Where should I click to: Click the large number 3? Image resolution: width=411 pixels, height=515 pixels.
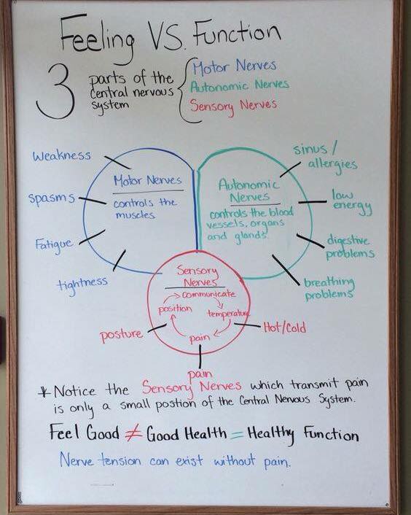pyautogui.click(x=56, y=92)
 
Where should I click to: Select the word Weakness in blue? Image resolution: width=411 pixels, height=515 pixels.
pyautogui.click(x=62, y=155)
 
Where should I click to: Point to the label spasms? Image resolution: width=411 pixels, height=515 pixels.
pyautogui.click(x=52, y=198)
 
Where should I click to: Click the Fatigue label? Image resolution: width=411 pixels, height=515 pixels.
pyautogui.click(x=54, y=245)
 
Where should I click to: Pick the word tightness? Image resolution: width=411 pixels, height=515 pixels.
pyautogui.click(x=82, y=284)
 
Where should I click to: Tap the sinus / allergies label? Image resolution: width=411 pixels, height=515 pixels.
pyautogui.click(x=325, y=157)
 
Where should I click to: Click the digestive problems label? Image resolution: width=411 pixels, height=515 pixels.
pyautogui.click(x=350, y=247)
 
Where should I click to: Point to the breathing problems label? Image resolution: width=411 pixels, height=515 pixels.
pyautogui.click(x=329, y=288)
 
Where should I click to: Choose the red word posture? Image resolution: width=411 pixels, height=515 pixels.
pyautogui.click(x=122, y=335)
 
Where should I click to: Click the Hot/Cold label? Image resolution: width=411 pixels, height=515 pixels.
pyautogui.click(x=285, y=328)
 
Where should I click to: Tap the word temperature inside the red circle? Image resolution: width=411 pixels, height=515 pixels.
pyautogui.click(x=228, y=314)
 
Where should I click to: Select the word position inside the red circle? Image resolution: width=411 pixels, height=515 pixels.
pyautogui.click(x=175, y=309)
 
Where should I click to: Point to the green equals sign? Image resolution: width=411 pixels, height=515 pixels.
pyautogui.click(x=237, y=435)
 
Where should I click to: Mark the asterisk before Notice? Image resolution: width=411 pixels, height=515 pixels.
pyautogui.click(x=44, y=392)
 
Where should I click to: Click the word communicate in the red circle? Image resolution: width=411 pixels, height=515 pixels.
pyautogui.click(x=208, y=294)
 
